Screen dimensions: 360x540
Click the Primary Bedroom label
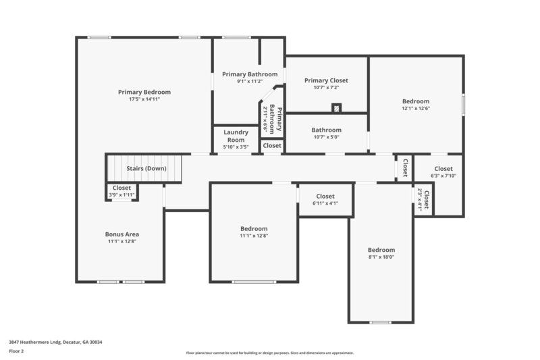point(144,92)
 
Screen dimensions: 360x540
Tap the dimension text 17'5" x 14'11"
point(144,99)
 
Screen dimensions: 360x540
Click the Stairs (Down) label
point(146,168)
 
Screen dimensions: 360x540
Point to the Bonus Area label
point(122,234)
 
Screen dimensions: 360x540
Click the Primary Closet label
point(326,80)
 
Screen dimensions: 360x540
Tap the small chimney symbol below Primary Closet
point(336,107)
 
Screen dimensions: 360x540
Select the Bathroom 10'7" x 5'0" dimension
point(326,137)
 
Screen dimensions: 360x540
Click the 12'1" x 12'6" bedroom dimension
point(416,108)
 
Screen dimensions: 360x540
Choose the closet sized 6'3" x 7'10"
point(443,176)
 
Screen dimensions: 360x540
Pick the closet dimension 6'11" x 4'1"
point(325,203)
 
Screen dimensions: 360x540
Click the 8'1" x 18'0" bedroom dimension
point(381,257)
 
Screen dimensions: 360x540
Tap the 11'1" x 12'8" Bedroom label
point(254,228)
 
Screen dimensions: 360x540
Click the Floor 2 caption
point(17,351)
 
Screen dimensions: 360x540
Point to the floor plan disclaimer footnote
point(269,353)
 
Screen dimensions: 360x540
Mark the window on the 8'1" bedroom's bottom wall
point(380,322)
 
